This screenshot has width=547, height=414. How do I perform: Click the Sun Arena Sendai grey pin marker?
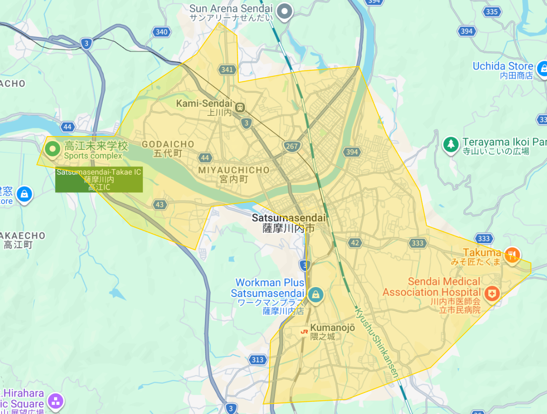[284, 11]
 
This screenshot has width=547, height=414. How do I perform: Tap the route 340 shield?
[162, 32]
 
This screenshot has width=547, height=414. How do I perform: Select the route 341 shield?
[227, 69]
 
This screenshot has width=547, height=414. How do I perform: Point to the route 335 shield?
[492, 11]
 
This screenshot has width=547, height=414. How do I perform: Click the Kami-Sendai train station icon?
[240, 107]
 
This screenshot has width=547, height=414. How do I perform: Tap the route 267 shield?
[292, 146]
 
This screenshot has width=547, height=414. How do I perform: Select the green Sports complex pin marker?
[53, 149]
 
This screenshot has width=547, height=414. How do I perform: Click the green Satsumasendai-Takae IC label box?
[99, 180]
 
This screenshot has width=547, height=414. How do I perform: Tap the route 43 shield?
[160, 205]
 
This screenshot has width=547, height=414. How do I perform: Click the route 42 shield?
[355, 243]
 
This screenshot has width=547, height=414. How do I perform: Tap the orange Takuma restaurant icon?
[512, 255]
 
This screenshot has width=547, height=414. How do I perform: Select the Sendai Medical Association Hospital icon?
[492, 294]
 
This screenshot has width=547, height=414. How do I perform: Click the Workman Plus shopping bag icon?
[315, 294]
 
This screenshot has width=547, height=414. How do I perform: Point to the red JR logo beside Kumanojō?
[304, 331]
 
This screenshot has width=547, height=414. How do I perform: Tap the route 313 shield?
[258, 359]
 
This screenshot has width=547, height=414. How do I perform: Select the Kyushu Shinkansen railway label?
[377, 343]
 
